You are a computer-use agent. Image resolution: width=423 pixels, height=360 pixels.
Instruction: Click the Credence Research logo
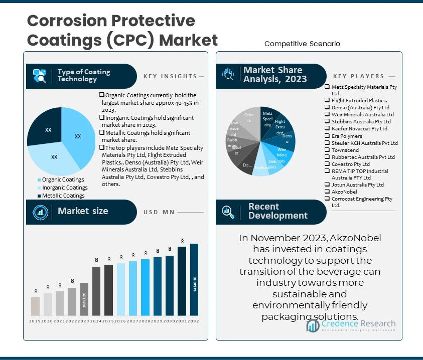[351, 326]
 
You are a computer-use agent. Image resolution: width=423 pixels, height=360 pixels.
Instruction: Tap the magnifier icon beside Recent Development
[228, 212]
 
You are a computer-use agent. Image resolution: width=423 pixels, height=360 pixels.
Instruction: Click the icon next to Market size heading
[40, 212]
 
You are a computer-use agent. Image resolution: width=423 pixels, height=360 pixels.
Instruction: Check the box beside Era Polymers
[327, 136]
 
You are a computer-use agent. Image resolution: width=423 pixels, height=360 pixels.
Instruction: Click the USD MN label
[159, 212]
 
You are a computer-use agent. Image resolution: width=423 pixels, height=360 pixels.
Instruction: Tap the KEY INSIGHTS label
[170, 76]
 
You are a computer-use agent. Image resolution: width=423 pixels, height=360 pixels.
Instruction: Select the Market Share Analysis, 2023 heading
[274, 75]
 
